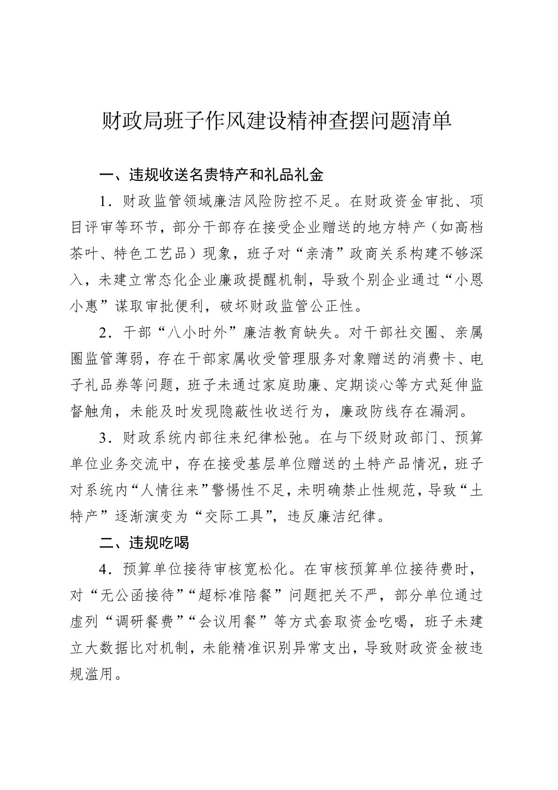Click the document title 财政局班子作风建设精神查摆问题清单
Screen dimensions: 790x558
pyautogui.click(x=277, y=122)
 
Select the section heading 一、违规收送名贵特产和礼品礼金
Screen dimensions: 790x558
pyautogui.click(x=211, y=175)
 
